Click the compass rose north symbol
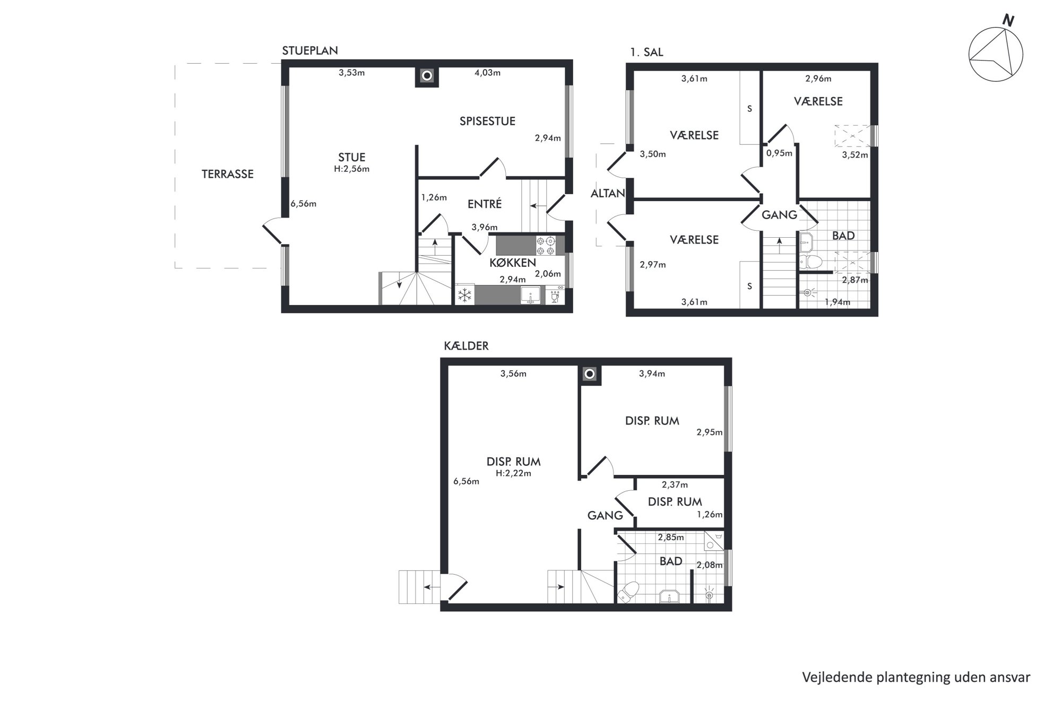pyautogui.click(x=996, y=55)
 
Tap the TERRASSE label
pyautogui.click(x=228, y=174)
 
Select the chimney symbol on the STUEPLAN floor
pyautogui.click(x=427, y=76)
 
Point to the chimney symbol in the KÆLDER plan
pyautogui.click(x=589, y=374)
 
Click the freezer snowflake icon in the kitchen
pyautogui.click(x=465, y=295)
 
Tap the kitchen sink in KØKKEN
pyautogui.click(x=530, y=295)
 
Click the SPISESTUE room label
pyautogui.click(x=487, y=121)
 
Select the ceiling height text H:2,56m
pyautogui.click(x=351, y=169)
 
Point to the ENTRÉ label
pyautogui.click(x=485, y=204)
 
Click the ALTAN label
pyautogui.click(x=608, y=194)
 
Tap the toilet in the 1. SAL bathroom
pyautogui.click(x=810, y=262)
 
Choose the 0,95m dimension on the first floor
pyautogui.click(x=779, y=153)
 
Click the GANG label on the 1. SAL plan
pyautogui.click(x=779, y=215)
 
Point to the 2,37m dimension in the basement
pyautogui.click(x=675, y=484)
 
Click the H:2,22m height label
pyautogui.click(x=513, y=473)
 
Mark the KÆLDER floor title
pyautogui.click(x=466, y=346)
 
